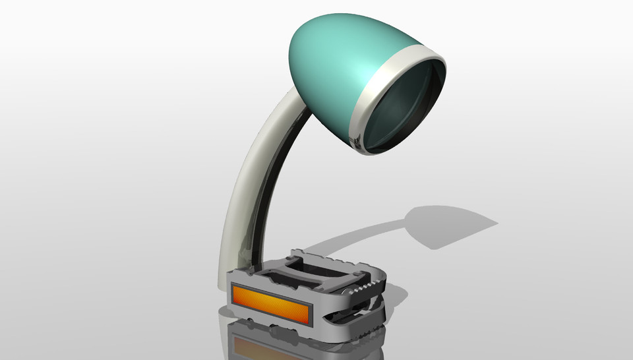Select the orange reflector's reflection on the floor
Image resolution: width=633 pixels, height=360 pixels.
point(264,346)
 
